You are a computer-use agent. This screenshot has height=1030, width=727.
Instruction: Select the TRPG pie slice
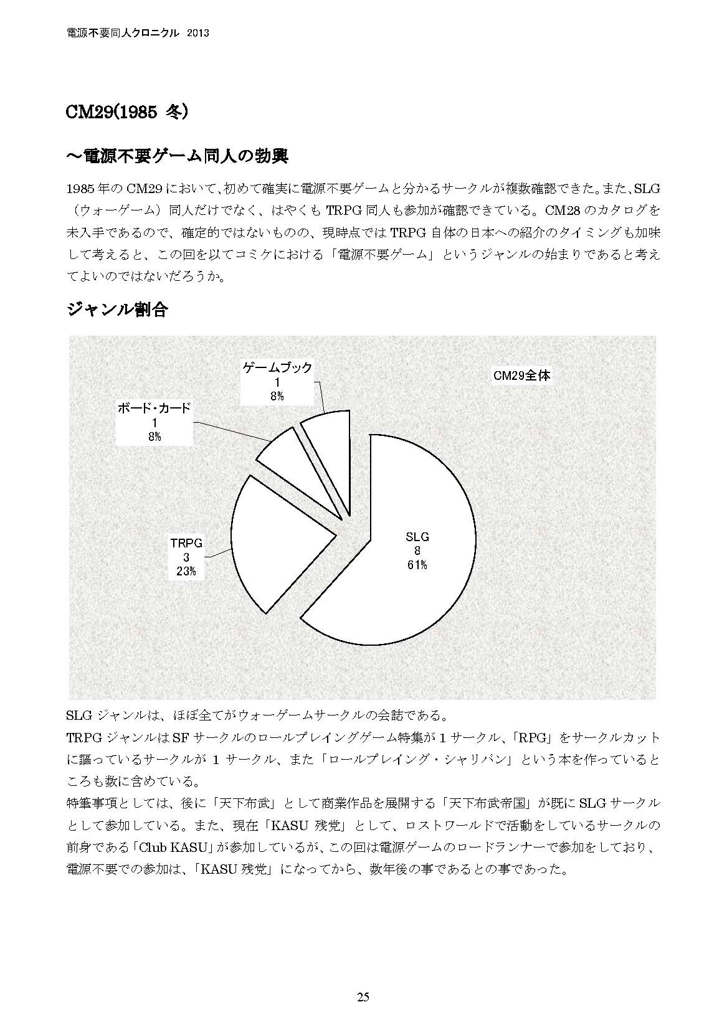click(x=274, y=542)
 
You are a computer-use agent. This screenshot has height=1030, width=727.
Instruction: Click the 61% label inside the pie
click(x=417, y=565)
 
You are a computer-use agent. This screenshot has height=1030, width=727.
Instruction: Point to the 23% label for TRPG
click(x=186, y=571)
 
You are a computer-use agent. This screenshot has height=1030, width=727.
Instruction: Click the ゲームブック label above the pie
click(x=277, y=367)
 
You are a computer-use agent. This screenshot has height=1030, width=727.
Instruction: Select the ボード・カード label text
click(x=154, y=409)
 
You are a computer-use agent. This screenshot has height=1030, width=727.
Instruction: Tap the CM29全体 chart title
click(x=521, y=376)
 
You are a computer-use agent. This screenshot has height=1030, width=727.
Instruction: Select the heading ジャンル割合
click(x=117, y=309)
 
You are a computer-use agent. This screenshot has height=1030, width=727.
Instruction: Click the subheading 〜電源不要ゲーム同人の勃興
click(x=177, y=156)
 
